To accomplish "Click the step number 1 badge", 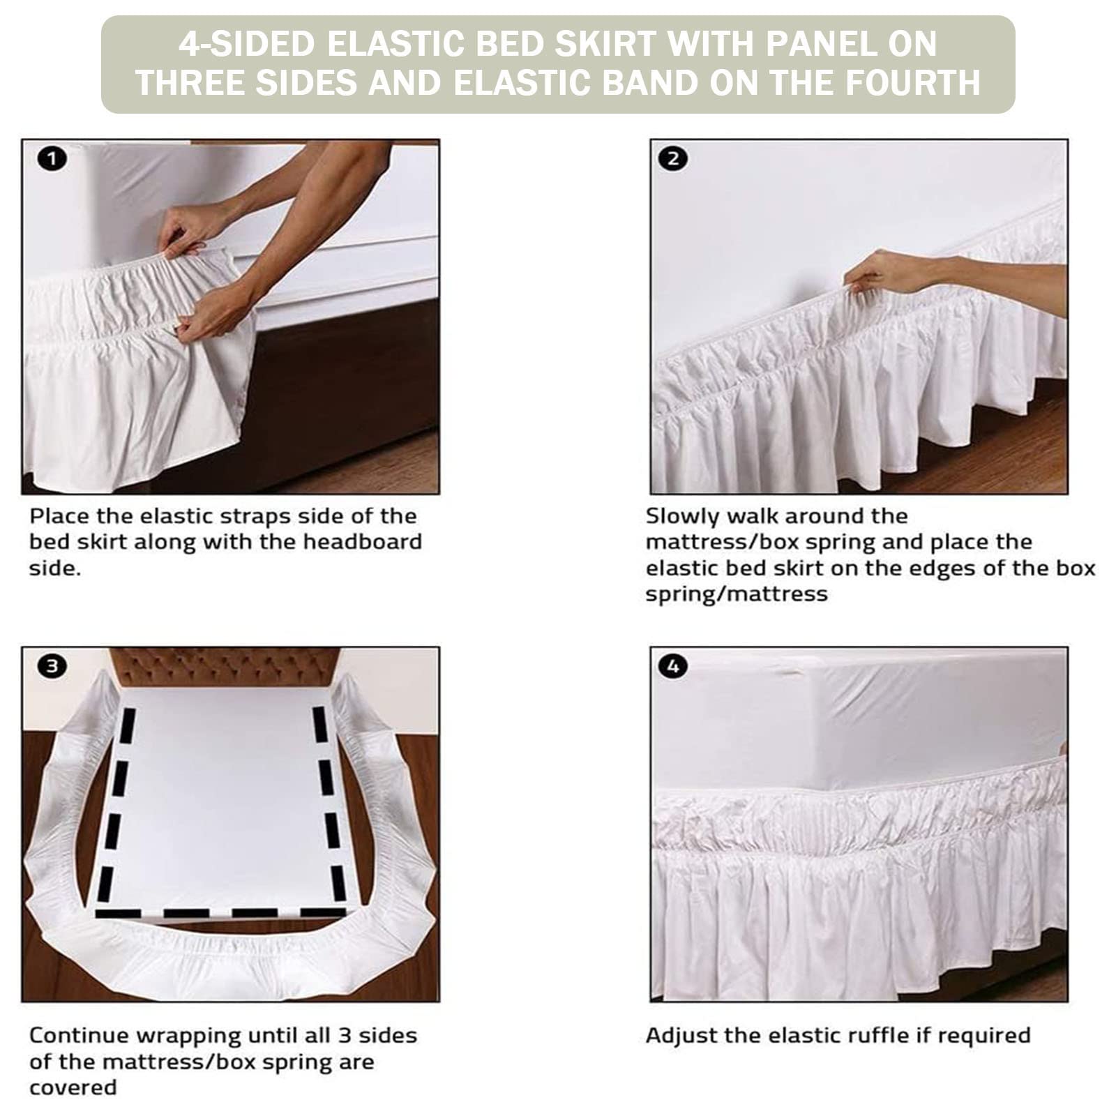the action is click(52, 159).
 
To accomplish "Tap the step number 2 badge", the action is click(672, 159).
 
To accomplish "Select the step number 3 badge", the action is click(52, 666).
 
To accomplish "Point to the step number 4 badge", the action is click(672, 666).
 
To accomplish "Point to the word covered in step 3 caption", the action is click(73, 1087).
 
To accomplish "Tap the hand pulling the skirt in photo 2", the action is click(880, 272).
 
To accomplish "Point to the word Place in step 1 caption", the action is click(59, 516).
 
